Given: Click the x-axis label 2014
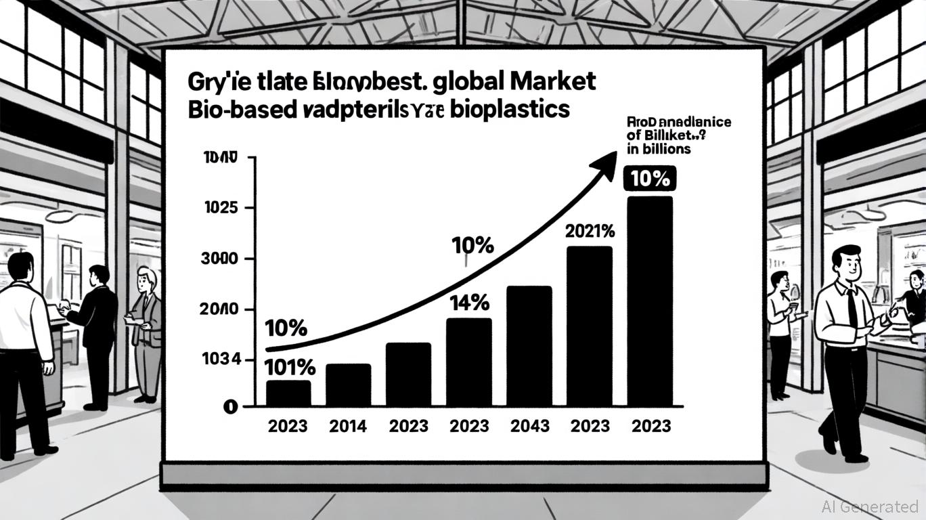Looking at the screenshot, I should click(348, 426).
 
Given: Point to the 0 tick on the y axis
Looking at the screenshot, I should click(230, 407).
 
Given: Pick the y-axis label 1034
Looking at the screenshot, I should click(222, 360).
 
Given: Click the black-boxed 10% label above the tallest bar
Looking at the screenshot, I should click(649, 180).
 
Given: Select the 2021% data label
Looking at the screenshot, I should click(590, 232).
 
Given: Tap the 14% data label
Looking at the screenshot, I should click(469, 304).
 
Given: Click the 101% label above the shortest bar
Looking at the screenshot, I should click(289, 368).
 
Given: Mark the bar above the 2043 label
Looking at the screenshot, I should click(529, 345).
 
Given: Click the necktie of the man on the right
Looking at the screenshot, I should click(852, 308).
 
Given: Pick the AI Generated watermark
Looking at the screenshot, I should click(870, 506).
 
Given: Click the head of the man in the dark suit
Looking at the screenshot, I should click(99, 275).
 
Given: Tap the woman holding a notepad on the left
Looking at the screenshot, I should click(146, 325).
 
